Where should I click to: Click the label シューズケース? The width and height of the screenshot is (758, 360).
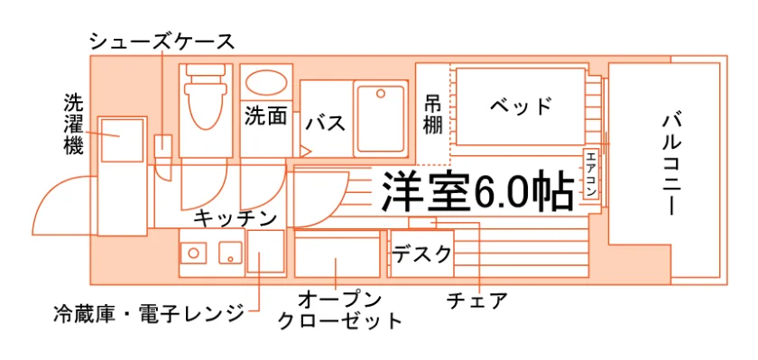(162, 42)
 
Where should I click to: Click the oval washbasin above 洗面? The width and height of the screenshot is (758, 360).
(266, 83)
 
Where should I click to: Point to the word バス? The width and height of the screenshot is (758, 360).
(326, 124)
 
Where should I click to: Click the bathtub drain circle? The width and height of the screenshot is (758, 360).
(381, 93)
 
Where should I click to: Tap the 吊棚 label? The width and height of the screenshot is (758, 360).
(433, 114)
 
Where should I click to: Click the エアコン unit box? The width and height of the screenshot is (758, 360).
(592, 174)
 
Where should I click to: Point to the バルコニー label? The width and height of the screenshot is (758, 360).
(672, 165)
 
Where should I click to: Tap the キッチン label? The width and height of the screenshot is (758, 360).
(236, 219)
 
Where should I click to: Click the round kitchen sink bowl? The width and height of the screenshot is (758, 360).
(193, 253)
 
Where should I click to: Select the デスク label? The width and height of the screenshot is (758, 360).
(421, 254)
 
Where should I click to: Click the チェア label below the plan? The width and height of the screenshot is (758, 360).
(477, 300)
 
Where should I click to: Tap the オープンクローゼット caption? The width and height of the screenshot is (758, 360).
(340, 310)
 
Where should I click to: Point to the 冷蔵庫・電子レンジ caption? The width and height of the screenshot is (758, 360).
(149, 314)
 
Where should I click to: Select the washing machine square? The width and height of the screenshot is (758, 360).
(122, 141)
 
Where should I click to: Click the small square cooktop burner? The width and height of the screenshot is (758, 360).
(230, 253)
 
